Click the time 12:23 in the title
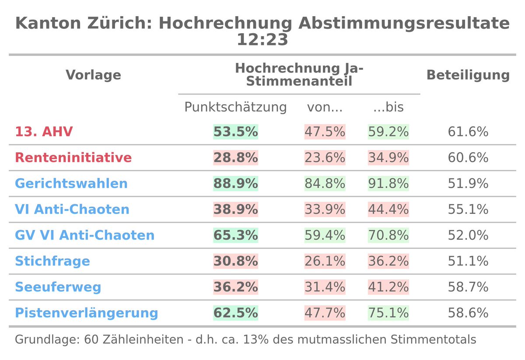(x=262, y=40)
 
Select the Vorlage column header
(x=93, y=75)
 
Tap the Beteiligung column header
(x=468, y=75)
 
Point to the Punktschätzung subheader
(x=235, y=107)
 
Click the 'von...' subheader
(x=325, y=107)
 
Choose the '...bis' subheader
(x=388, y=107)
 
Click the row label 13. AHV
(x=44, y=132)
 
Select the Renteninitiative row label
(x=73, y=157)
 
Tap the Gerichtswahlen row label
(x=71, y=183)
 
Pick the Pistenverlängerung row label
(x=86, y=313)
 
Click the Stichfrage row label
(x=52, y=261)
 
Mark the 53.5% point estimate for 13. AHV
(x=235, y=132)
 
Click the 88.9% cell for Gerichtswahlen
(x=235, y=183)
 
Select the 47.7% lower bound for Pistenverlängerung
(x=325, y=313)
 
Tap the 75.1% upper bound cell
(x=388, y=313)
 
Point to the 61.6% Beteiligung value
(x=468, y=132)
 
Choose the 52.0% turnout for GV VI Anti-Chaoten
(x=468, y=235)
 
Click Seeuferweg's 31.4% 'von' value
(x=325, y=287)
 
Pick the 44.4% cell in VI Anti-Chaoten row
(x=388, y=210)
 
